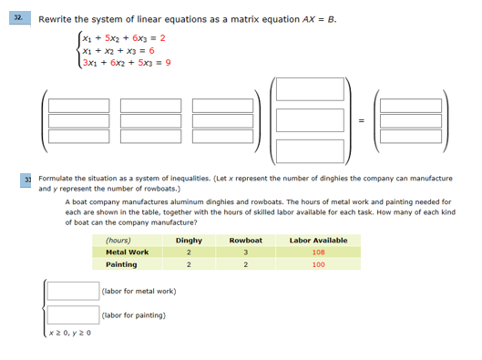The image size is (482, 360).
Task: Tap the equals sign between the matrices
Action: pyautogui.click(x=360, y=119)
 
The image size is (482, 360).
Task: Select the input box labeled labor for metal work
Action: pyautogui.click(x=73, y=290)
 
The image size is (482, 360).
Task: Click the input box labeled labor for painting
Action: pyautogui.click(x=73, y=315)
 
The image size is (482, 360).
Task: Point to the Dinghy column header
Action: pyautogui.click(x=189, y=240)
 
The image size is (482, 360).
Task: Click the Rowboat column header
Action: pyautogui.click(x=245, y=240)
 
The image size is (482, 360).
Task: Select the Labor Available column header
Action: pyautogui.click(x=318, y=240)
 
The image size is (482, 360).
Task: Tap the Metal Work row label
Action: pyautogui.click(x=127, y=252)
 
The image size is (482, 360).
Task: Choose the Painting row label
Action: pyautogui.click(x=121, y=264)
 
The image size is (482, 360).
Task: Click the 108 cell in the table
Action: pyautogui.click(x=318, y=252)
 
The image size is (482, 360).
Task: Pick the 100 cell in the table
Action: pyautogui.click(x=318, y=264)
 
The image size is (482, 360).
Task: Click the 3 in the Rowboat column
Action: pyautogui.click(x=245, y=252)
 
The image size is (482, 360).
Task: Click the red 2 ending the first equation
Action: pyautogui.click(x=161, y=38)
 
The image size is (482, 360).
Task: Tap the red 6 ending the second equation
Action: pyautogui.click(x=151, y=51)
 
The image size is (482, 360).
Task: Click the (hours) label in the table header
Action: pyautogui.click(x=118, y=240)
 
